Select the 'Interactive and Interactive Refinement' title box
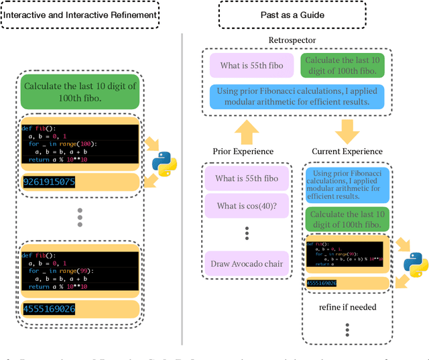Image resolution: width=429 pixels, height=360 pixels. tap(81, 14)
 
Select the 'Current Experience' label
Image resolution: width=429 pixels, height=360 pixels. tap(347, 151)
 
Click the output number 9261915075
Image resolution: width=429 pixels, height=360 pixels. tap(50, 182)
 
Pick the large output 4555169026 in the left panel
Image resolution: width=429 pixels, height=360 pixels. tap(50, 309)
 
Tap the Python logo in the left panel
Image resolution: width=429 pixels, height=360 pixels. tap(164, 163)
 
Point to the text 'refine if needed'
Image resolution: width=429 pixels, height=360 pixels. tap(347, 308)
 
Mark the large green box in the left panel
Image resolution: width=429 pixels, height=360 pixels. tap(80, 93)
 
